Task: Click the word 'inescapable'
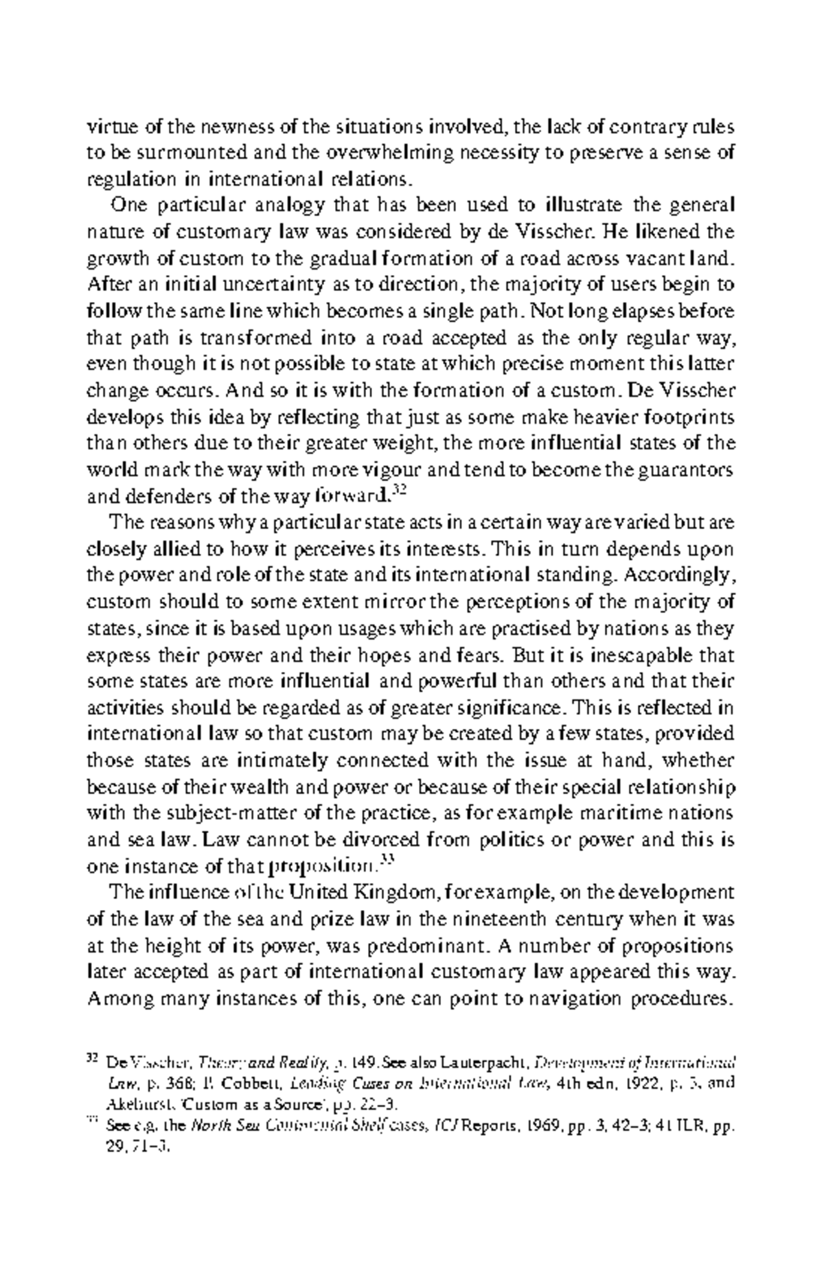(x=628, y=655)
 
